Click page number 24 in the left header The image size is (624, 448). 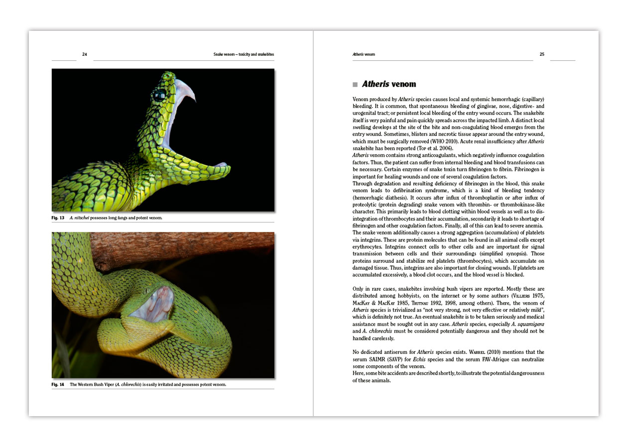(x=85, y=54)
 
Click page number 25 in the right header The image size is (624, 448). (x=542, y=54)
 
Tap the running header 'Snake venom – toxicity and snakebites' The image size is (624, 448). (x=244, y=54)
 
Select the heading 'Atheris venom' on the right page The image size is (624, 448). (x=389, y=84)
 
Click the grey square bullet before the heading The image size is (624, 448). (x=355, y=85)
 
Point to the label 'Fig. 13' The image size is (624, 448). (x=58, y=218)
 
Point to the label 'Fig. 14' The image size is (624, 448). (x=58, y=384)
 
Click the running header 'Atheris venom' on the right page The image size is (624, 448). (x=364, y=54)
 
